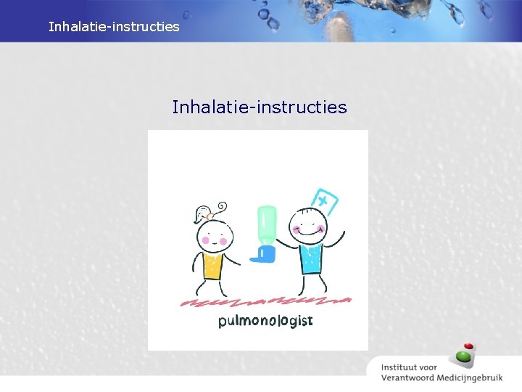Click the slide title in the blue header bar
114,27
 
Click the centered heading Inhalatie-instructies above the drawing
259,107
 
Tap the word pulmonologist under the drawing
265,320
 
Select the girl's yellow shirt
212,266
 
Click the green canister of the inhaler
266,224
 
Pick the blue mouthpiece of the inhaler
263,253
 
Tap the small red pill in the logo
468,346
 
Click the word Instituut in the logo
404,364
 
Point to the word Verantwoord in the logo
408,377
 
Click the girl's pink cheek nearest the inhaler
223,240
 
